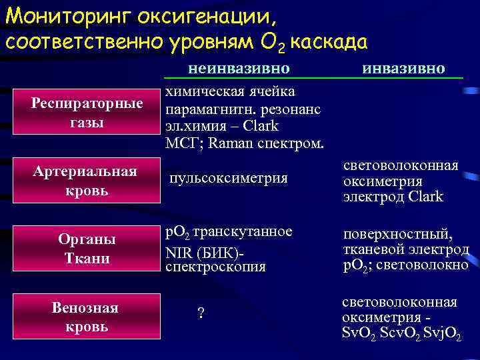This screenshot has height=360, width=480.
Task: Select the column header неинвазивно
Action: click(239, 69)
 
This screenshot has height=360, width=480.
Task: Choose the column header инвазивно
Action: click(403, 69)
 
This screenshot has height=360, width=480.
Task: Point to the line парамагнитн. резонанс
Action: click(243, 108)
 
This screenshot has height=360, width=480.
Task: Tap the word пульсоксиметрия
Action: click(229, 178)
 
